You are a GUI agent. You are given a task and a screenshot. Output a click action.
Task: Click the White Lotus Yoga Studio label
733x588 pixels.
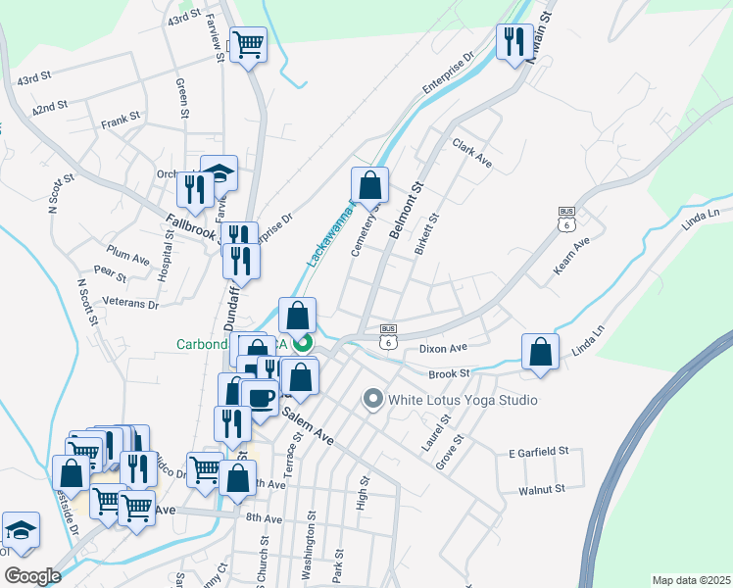pyautogui.click(x=463, y=400)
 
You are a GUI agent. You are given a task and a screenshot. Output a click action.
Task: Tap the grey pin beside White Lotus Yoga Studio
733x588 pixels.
pyautogui.click(x=372, y=399)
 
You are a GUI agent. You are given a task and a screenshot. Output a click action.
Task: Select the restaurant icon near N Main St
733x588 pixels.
pyautogui.click(x=514, y=43)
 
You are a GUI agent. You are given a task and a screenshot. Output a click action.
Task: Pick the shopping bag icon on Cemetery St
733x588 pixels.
pyautogui.click(x=370, y=185)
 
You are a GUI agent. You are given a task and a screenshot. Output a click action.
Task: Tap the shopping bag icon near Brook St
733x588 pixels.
pyautogui.click(x=540, y=352)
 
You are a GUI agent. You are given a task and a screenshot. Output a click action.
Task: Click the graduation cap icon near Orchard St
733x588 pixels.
pyautogui.click(x=220, y=174)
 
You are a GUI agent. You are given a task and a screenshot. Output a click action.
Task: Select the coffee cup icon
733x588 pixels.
pyautogui.click(x=260, y=399)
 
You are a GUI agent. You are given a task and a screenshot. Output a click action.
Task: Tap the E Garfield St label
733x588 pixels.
pyautogui.click(x=539, y=452)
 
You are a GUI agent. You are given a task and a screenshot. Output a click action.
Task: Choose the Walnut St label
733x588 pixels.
pyautogui.click(x=544, y=488)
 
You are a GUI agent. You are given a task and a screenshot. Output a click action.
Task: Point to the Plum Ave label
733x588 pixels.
pyautogui.click(x=128, y=259)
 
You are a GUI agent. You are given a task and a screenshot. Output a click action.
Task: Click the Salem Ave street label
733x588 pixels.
pyautogui.click(x=308, y=427)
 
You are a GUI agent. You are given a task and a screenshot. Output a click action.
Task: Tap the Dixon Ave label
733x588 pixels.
pyautogui.click(x=442, y=348)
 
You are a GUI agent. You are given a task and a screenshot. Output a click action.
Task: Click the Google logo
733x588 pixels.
pyautogui.click(x=33, y=576)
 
